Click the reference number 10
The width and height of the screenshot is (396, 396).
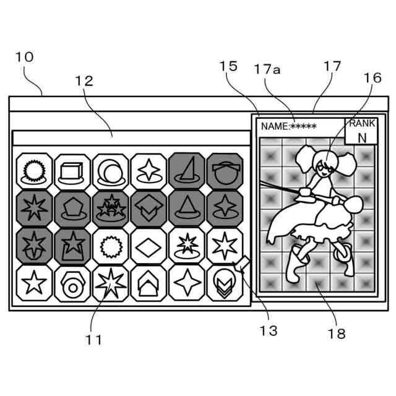point(25,58)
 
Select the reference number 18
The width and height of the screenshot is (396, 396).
point(337,334)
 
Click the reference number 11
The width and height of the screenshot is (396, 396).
point(94,340)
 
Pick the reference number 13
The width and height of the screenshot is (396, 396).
point(269,331)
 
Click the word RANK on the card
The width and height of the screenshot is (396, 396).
point(362,123)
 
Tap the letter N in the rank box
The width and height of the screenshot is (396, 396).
point(362,137)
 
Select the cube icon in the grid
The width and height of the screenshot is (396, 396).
point(72,170)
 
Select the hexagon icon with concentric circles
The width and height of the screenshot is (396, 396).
point(72,284)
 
